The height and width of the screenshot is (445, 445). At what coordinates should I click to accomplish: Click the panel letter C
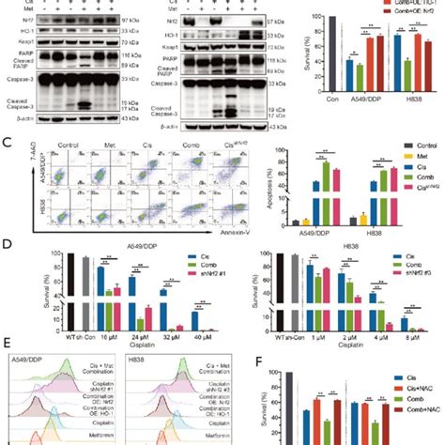click(8, 145)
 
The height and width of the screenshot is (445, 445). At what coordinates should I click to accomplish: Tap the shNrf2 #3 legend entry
click(416, 279)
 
